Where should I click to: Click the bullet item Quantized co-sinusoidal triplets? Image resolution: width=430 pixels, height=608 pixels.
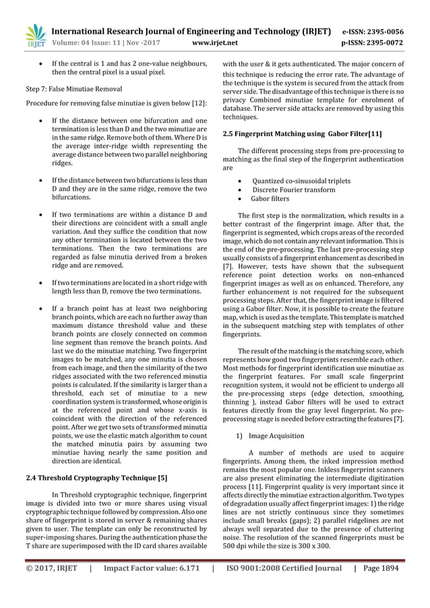(301, 181)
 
